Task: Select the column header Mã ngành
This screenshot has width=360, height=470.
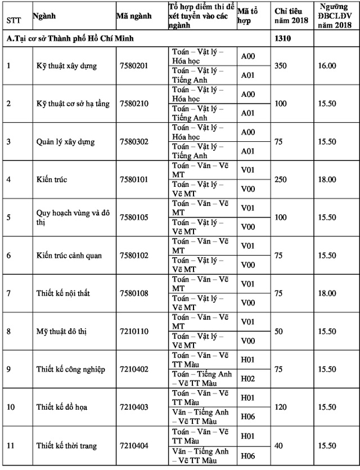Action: click(134, 16)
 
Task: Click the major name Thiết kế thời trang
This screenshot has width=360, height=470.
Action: click(66, 446)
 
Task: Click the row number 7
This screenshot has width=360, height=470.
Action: click(8, 293)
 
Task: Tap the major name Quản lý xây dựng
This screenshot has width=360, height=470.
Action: click(65, 141)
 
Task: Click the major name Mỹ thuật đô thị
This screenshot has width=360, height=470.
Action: click(64, 331)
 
